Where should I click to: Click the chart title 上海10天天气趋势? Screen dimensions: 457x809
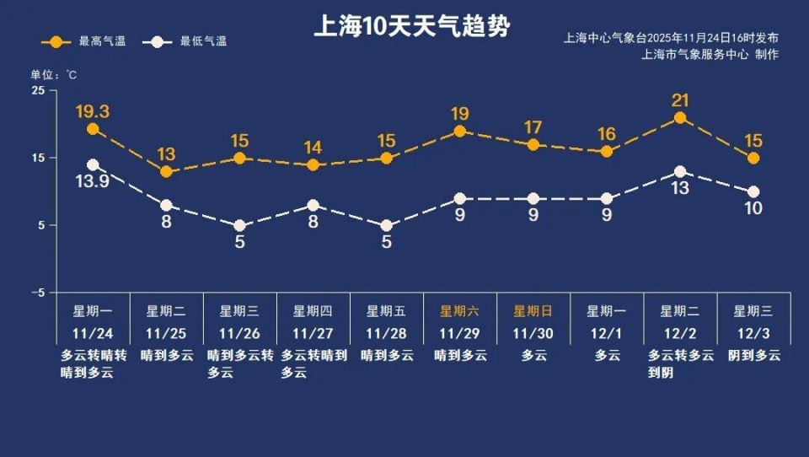click(411, 27)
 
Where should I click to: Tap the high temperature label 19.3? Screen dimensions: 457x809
click(93, 111)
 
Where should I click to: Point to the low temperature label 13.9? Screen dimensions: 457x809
click(93, 182)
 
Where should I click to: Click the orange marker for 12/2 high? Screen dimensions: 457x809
click(680, 118)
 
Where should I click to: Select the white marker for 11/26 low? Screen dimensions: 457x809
click(240, 226)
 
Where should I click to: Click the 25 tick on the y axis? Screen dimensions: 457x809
click(39, 90)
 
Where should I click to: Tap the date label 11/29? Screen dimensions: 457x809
click(460, 333)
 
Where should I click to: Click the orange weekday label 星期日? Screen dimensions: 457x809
click(533, 310)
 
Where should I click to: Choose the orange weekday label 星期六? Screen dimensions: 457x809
click(460, 310)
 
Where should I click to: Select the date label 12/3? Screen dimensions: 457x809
click(753, 333)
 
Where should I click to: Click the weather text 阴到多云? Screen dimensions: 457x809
click(754, 356)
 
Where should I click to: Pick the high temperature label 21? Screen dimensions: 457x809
click(680, 100)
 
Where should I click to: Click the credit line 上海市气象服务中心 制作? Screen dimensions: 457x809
click(710, 55)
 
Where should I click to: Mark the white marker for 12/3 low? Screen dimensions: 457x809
click(753, 192)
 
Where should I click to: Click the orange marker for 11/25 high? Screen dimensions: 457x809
click(166, 172)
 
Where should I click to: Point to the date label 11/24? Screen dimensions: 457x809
click(93, 333)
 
